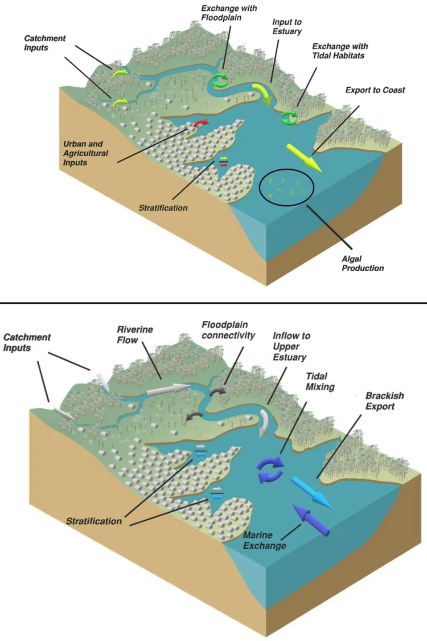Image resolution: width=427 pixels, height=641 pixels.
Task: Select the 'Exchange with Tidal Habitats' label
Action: click(x=340, y=51)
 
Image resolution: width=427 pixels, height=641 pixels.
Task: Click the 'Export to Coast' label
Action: click(x=375, y=90)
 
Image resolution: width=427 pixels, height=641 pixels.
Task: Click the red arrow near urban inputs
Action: click(x=201, y=123)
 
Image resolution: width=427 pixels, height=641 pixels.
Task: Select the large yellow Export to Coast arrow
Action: click(x=304, y=157)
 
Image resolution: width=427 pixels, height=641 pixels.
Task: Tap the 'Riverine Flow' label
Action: click(x=135, y=335)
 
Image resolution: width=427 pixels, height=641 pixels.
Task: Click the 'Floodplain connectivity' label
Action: click(x=228, y=330)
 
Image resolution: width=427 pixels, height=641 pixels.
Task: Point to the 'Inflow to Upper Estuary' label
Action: click(x=291, y=346)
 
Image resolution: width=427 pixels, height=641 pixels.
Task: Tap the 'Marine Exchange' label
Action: click(x=264, y=540)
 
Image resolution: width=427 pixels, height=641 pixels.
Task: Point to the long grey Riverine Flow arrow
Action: click(x=168, y=390)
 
